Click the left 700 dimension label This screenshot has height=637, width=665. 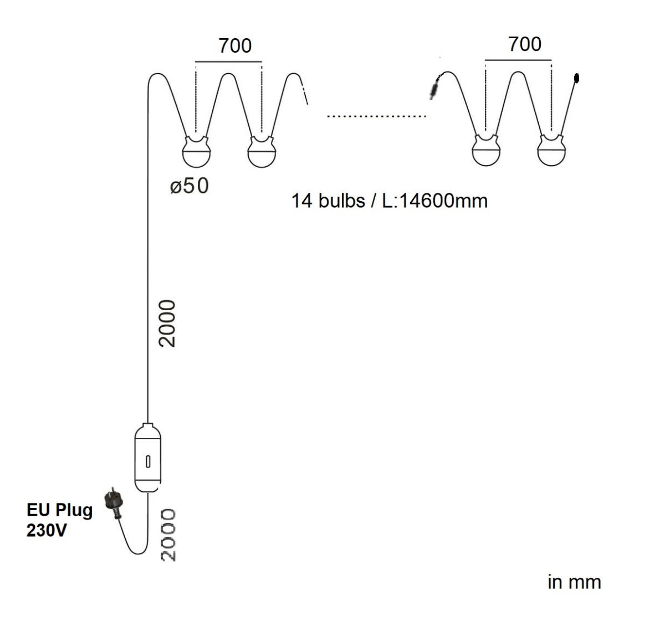point(235,46)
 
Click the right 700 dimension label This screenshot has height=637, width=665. point(524,44)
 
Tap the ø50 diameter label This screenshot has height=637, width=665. point(190,187)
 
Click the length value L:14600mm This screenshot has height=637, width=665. point(435,201)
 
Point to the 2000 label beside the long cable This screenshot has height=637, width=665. point(167,323)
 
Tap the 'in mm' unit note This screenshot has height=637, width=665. point(574,582)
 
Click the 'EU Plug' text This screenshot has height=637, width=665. point(59,510)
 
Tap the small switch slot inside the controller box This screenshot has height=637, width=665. point(148,461)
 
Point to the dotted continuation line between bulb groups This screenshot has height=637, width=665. point(376,116)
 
